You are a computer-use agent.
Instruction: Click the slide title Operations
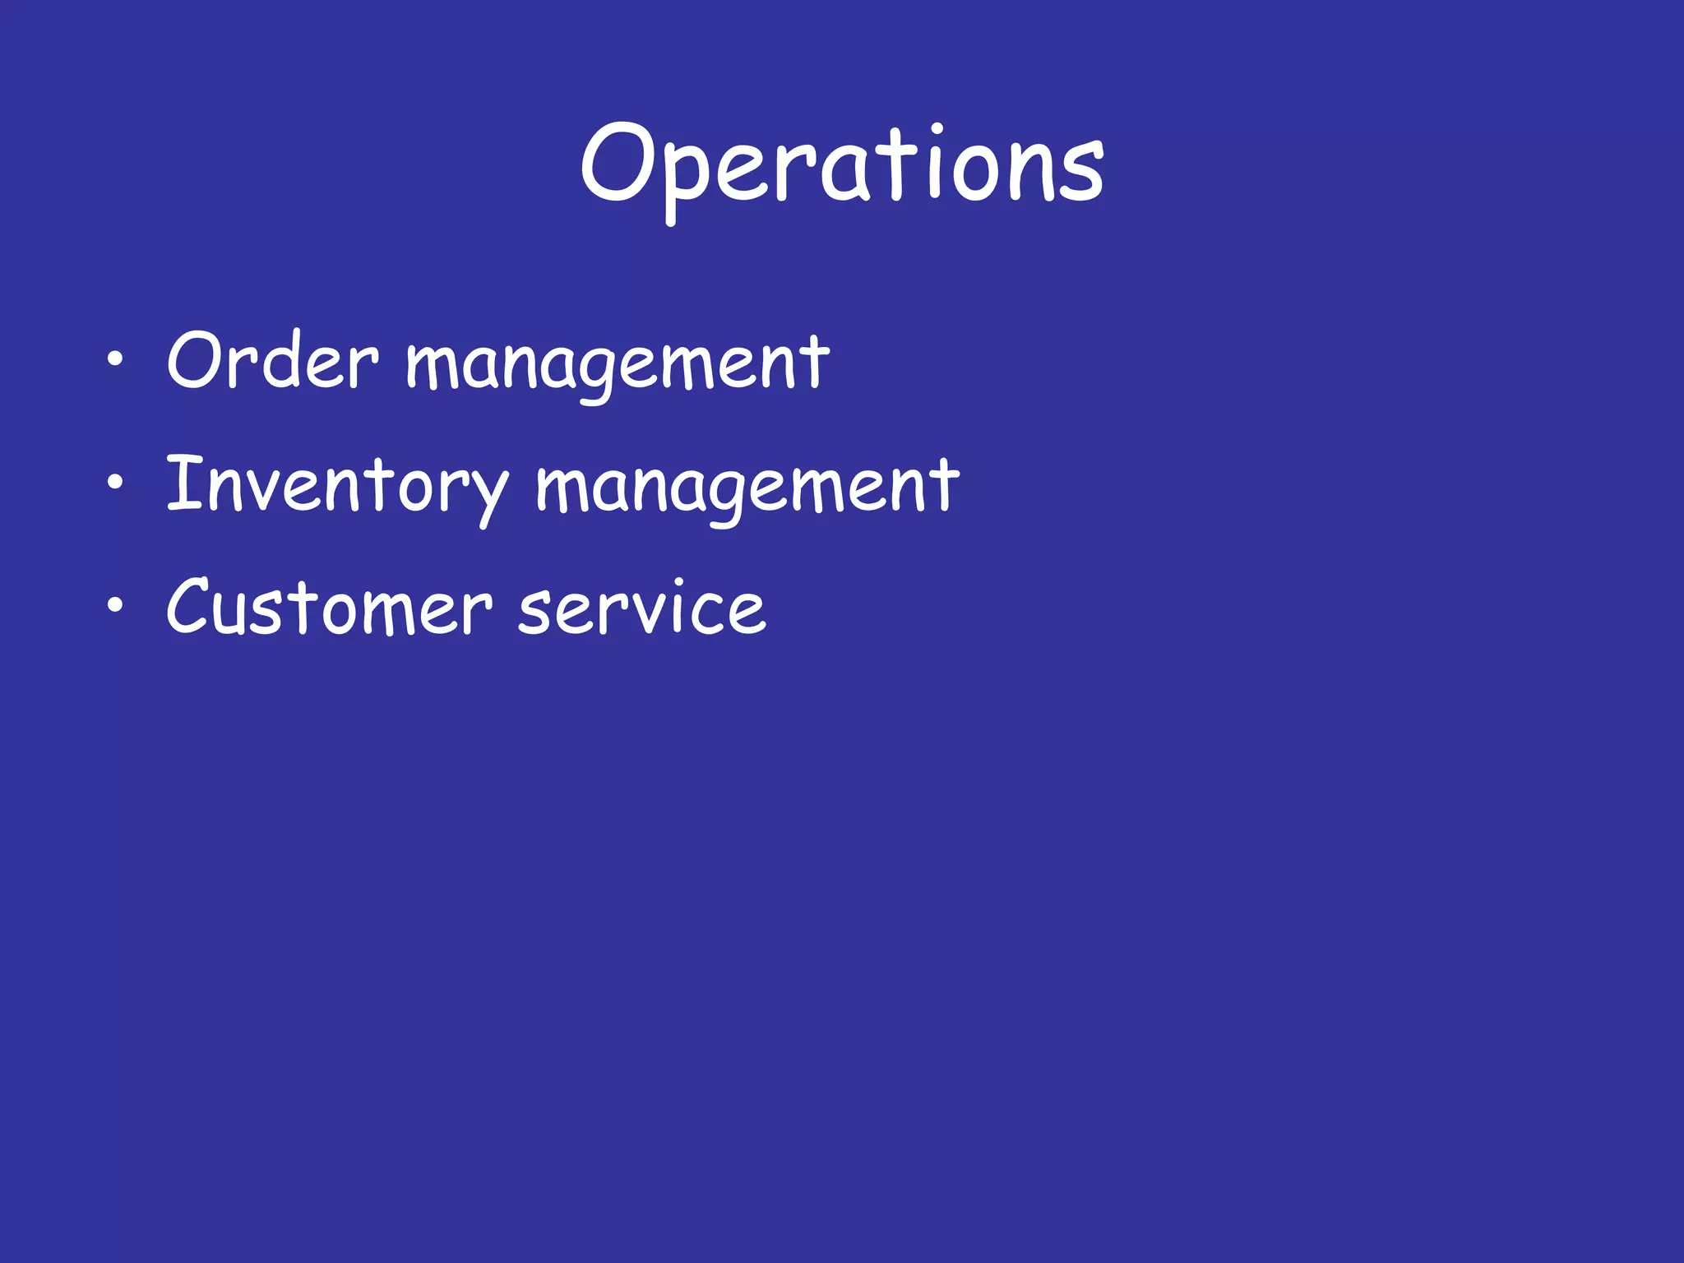click(842, 164)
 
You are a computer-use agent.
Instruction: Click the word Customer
click(329, 608)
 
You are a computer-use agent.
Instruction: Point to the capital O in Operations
click(616, 162)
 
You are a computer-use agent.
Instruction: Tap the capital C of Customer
click(194, 606)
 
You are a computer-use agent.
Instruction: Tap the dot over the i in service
click(679, 583)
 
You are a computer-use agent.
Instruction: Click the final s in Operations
click(1081, 173)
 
